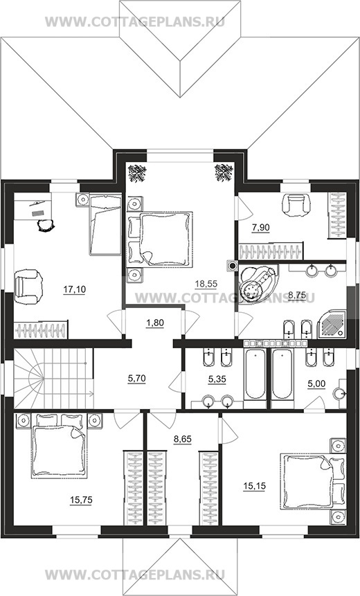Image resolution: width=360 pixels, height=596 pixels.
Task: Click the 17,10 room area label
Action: pos(75,289)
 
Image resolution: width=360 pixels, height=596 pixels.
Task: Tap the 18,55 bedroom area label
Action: pos(206,283)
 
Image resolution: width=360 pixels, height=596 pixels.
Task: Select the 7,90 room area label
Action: pos(261,228)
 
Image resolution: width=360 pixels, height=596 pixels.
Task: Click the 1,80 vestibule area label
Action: pos(155,323)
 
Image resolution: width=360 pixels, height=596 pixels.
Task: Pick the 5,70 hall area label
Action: pos(137,378)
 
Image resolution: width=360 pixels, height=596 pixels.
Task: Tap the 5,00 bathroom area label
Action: pos(316,384)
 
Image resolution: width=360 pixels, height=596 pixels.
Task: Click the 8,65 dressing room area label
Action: pos(183,439)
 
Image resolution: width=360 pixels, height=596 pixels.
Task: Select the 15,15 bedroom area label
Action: pos(255,486)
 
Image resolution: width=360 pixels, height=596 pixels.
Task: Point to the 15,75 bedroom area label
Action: pos(82,500)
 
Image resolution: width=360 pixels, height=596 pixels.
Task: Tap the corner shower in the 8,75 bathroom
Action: pos(332,324)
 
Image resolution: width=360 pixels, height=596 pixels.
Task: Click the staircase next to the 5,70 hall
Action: pos(53,379)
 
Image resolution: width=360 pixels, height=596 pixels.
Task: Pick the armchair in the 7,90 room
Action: pos(296,205)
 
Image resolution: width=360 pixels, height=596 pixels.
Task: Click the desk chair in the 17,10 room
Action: pos(45,225)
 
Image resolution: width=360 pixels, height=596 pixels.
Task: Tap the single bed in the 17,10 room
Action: pos(105,224)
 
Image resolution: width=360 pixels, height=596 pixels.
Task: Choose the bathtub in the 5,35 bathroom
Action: pos(255,374)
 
